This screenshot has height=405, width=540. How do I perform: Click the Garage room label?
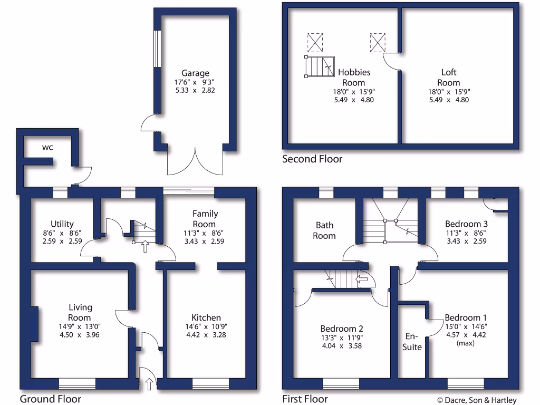pos(196,73)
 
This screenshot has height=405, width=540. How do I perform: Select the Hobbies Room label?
pos(354,77)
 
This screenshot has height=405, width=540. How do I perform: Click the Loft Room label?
pos(449,77)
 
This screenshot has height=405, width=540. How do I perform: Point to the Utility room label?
pos(62,224)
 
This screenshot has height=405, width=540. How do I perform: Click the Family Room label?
pos(205,219)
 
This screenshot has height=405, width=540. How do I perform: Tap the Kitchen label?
pos(206,317)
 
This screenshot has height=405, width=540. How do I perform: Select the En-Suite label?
pos(412,341)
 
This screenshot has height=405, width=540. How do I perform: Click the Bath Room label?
pos(324,230)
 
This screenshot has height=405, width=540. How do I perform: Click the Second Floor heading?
pos(312,159)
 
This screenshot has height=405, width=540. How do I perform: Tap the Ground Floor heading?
pos(51,399)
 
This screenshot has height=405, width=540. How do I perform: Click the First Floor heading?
pos(305,399)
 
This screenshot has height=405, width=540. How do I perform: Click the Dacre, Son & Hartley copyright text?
pos(477,400)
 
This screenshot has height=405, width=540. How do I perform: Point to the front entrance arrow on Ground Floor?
pos(149,384)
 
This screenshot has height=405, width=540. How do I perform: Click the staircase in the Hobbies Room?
pos(320,67)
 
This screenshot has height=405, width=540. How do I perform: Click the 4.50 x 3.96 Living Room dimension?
pos(80,334)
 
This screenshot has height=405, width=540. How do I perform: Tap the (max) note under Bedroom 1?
pos(466,343)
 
